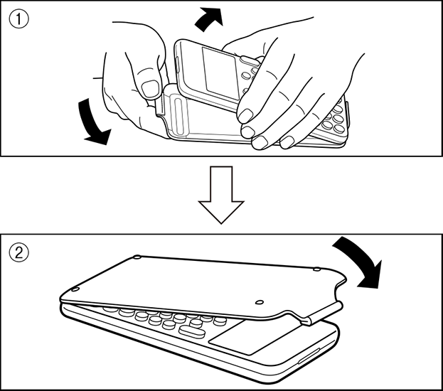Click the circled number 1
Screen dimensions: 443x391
coord(19,19)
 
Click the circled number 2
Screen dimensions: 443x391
coord(19,252)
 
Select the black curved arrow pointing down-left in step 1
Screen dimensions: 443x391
coord(92,124)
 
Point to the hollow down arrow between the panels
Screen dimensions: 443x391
coord(221,195)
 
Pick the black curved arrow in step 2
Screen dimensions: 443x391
coord(361,260)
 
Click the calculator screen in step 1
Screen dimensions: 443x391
coord(220,73)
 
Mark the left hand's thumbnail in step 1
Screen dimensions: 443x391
coord(150,87)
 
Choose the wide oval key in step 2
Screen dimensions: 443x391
coord(192,331)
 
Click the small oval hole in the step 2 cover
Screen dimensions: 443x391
coord(260,302)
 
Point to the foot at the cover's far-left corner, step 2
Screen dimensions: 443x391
coord(137,257)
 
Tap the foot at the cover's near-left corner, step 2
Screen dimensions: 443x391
coord(75,289)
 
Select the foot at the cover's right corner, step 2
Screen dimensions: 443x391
coord(317,269)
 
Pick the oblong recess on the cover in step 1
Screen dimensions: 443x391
coord(180,116)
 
